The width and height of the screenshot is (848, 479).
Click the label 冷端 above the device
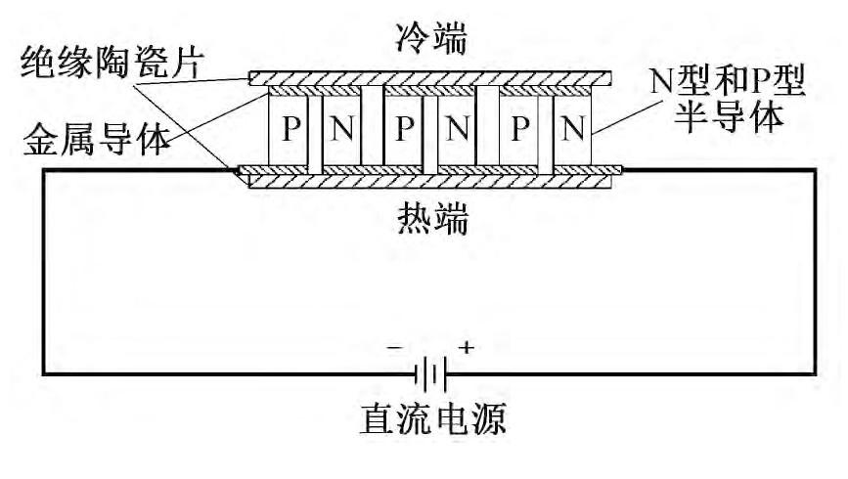[430, 42]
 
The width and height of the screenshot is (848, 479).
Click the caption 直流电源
[430, 422]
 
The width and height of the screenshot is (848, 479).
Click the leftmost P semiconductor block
[289, 130]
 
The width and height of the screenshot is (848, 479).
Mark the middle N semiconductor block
[455, 130]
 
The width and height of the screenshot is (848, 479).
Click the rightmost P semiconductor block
[520, 130]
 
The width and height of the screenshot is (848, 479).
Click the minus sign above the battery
[395, 347]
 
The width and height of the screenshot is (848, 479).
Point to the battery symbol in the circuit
[430, 372]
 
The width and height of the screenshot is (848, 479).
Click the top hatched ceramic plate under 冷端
[430, 76]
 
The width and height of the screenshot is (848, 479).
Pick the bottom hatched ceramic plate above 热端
[430, 182]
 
